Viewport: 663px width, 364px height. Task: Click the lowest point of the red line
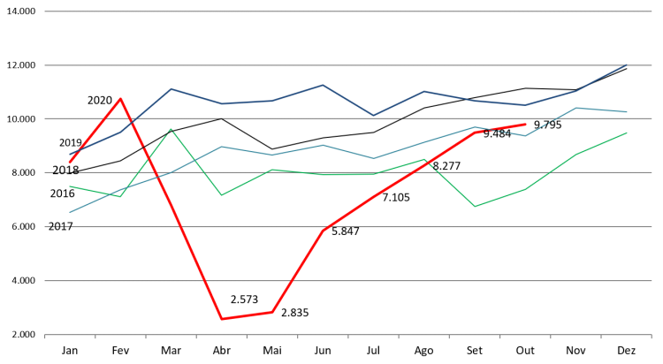pos(222,319)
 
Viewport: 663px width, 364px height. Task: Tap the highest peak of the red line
pos(121,98)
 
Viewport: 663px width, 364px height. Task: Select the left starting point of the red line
pos(70,163)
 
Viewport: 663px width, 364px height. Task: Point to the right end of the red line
pos(525,125)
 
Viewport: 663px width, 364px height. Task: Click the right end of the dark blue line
pos(627,64)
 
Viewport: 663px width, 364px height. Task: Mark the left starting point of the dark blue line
pos(70,155)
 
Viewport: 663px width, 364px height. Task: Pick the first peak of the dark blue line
pos(171,88)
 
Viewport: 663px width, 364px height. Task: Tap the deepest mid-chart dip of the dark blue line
pos(373,116)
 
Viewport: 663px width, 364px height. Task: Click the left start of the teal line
pos(70,212)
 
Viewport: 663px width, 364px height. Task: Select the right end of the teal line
pos(627,112)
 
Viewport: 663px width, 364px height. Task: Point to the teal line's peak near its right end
pos(576,108)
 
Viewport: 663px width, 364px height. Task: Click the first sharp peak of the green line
pos(171,129)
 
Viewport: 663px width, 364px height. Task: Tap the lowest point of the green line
pos(475,207)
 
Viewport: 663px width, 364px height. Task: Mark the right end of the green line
pos(627,133)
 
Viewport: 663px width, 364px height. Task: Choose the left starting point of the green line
pos(70,186)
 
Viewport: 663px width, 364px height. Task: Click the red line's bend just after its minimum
pos(272,312)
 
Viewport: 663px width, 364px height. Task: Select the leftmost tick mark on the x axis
pos(45,337)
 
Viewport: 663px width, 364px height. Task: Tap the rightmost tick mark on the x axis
pos(652,337)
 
